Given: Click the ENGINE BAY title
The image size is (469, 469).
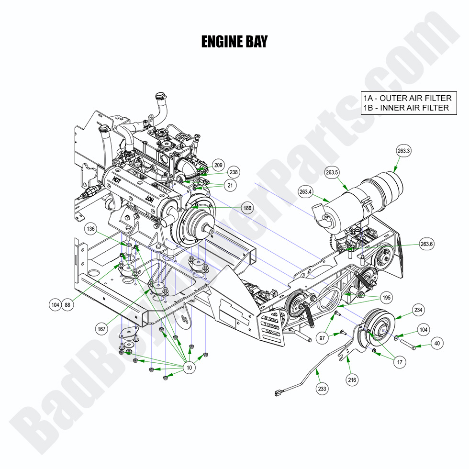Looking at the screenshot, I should click(234, 42).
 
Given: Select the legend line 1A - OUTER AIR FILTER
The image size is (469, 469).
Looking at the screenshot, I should click(407, 98).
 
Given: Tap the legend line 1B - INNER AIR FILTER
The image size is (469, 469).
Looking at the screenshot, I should click(406, 108).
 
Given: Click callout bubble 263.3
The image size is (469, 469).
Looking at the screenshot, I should click(403, 151).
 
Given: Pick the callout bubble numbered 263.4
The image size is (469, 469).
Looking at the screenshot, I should click(305, 192).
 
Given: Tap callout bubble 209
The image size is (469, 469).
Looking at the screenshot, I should click(218, 165).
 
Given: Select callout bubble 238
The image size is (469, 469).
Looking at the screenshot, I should click(234, 172).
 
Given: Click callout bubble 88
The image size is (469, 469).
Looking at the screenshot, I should click(67, 304).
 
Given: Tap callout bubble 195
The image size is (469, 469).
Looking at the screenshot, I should click(386, 298).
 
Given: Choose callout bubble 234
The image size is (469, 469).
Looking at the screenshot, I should click(418, 310).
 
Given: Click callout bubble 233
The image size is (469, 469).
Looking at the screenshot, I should click(322, 389).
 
